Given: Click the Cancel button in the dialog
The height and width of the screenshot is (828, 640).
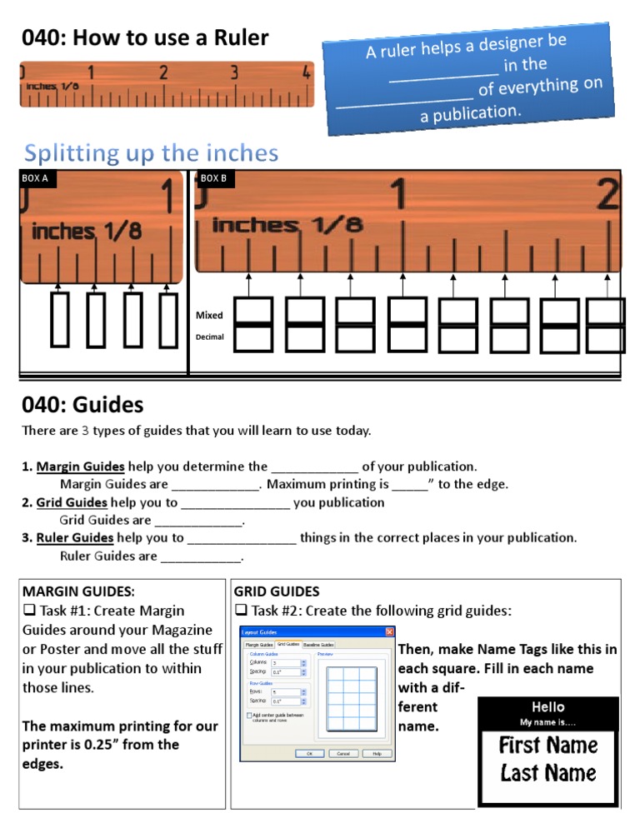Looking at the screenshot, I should coord(343,753).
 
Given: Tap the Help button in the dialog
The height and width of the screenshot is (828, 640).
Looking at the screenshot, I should coord(377,753).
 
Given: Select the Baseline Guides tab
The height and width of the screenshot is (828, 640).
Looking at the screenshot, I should coord(318,644).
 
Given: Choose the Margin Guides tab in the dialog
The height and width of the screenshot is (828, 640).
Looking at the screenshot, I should coord(258,644).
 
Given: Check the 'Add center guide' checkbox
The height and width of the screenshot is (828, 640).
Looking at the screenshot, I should coord(250,715).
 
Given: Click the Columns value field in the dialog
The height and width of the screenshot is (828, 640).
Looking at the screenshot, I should coord(283,662).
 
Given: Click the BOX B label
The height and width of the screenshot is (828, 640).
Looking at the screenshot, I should coord(213,178).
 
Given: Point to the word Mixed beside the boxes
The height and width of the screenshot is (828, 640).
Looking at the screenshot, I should coord(209,316).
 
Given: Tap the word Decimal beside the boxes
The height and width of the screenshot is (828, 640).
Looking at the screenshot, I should coord(210,337).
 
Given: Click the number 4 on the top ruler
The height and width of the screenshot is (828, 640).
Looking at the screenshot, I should coord(306,72).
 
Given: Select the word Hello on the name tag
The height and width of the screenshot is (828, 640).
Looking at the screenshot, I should coord(547,707).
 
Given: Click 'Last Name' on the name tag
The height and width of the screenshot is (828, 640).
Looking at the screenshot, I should coord(547,773).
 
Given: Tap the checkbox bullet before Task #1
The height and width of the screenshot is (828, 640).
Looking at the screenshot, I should coord(28,611).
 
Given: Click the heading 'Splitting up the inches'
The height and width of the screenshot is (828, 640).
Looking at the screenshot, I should coord(151,153).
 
